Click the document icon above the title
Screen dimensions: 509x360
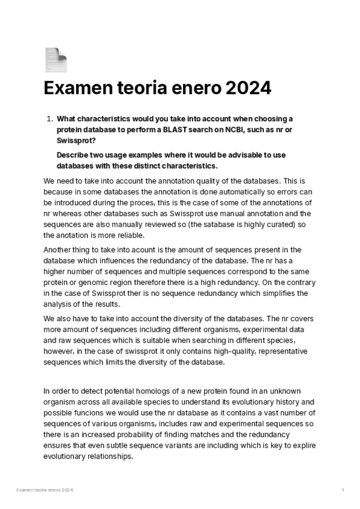pos(56,59)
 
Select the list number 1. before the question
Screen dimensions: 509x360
pos(50,119)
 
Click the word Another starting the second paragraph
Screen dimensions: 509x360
pos(60,249)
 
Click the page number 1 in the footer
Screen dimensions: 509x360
pos(343,490)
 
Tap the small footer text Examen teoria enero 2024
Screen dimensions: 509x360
pos(44,490)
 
